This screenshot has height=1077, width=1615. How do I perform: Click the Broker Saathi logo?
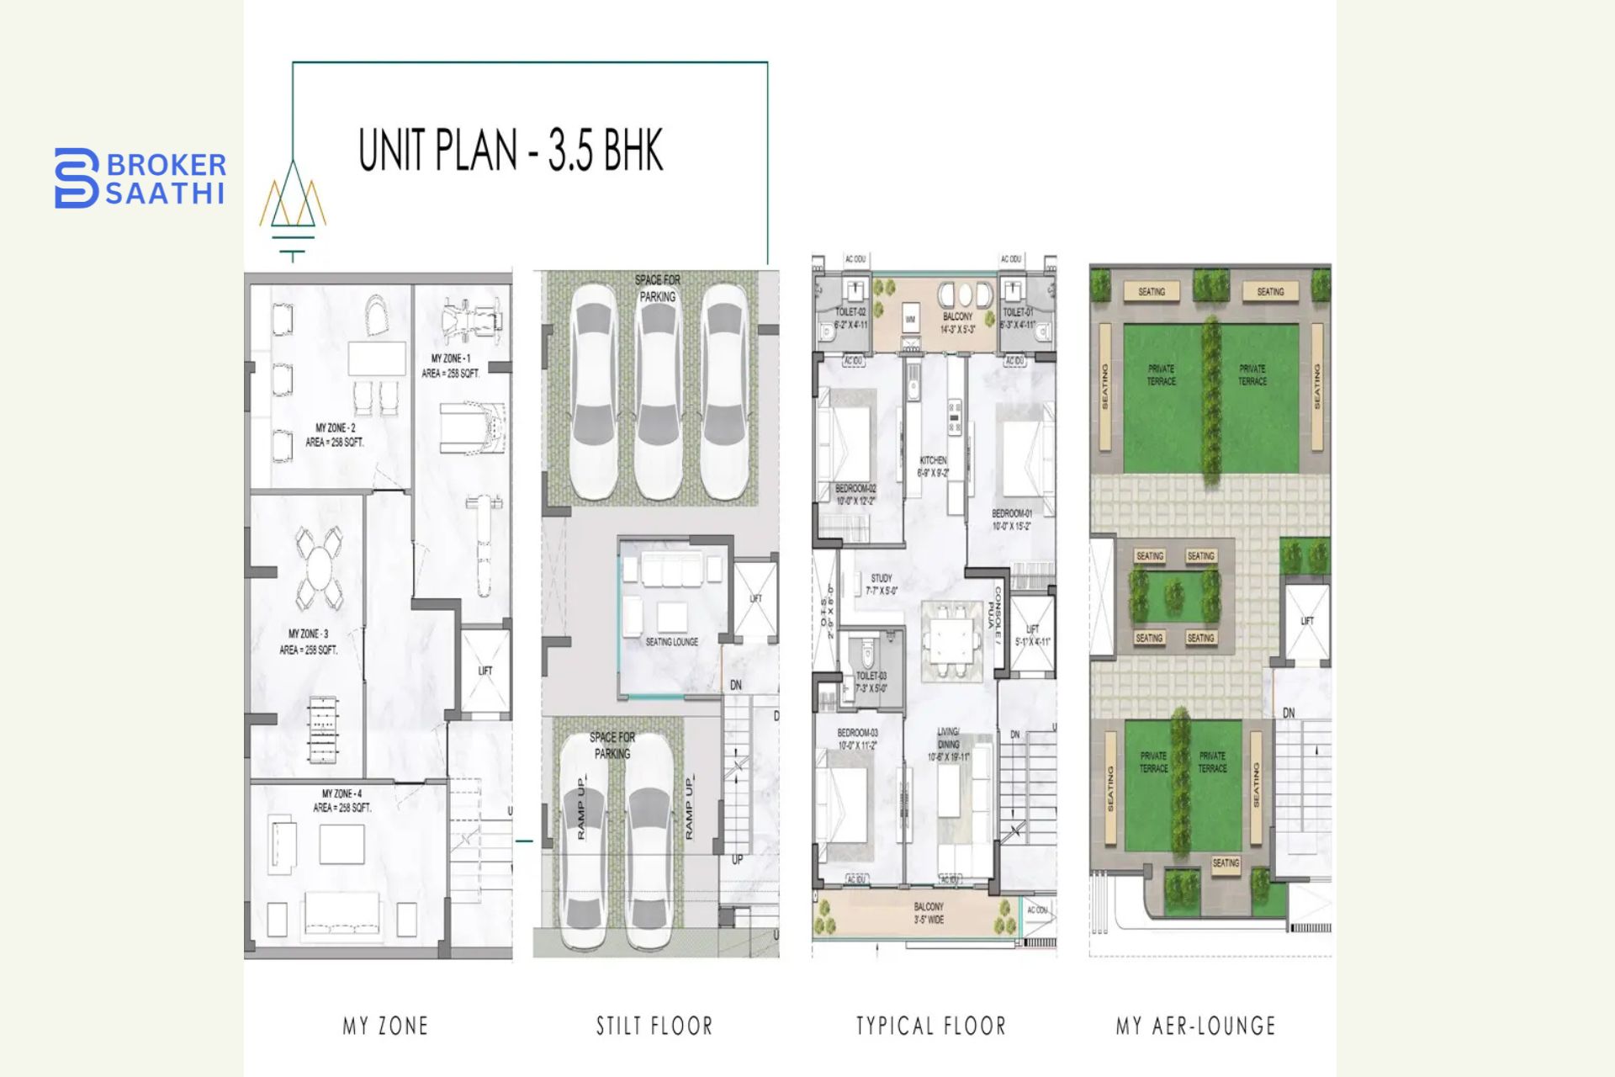point(140,178)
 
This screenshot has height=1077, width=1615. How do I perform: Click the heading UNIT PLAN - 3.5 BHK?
point(511,151)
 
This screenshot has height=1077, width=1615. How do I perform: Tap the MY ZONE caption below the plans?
point(385,1026)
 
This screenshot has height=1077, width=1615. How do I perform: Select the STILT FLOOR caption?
point(654,1026)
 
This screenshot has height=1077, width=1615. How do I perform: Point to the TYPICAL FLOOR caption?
point(931,1026)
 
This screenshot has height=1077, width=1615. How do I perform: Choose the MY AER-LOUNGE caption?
point(1195,1026)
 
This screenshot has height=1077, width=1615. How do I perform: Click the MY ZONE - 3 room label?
point(309,641)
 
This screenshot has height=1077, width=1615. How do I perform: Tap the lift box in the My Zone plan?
point(484,671)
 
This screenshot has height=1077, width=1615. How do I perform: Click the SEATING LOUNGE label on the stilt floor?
point(672,642)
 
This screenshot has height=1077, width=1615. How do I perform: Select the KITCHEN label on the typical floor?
point(933,466)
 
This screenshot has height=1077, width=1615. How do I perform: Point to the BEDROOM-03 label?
point(857,739)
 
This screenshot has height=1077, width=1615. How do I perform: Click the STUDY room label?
point(882,584)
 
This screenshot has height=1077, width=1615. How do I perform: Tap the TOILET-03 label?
point(871,682)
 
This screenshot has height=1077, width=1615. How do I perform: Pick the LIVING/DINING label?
point(948,744)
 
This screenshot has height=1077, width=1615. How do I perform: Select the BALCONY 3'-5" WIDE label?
point(929,913)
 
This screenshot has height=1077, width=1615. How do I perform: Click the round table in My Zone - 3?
point(320,569)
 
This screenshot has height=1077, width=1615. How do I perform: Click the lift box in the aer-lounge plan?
point(1306,621)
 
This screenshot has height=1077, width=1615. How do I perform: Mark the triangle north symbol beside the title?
point(293,202)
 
